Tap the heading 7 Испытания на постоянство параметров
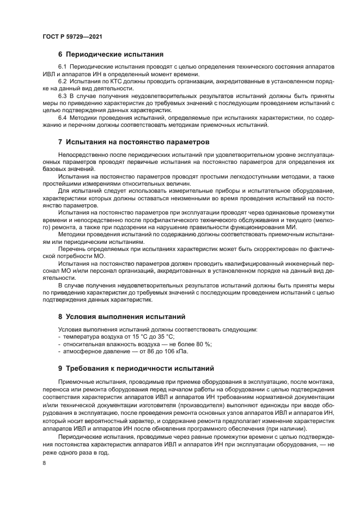click(x=133, y=142)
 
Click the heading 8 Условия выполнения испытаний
click(x=121, y=316)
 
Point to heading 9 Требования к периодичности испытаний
click(x=136, y=368)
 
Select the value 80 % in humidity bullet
click(x=203, y=344)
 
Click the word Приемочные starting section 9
click(x=77, y=383)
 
